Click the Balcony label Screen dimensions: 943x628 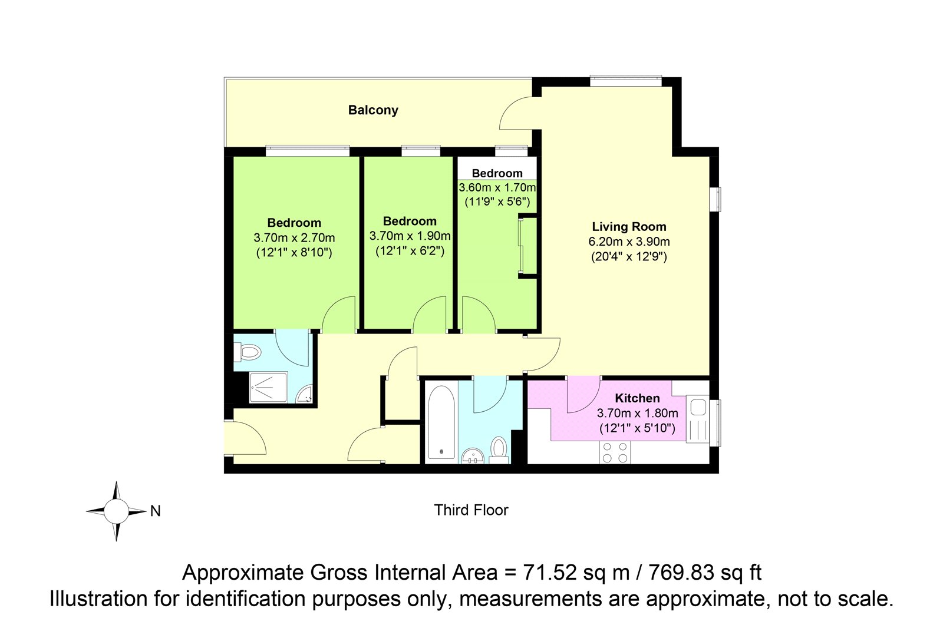click(373, 110)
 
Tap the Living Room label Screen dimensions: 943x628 click(629, 226)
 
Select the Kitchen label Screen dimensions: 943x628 click(637, 398)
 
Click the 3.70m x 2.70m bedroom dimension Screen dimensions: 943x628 click(294, 238)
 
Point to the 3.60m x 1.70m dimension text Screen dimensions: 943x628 click(497, 187)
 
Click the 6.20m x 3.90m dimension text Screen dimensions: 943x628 click(629, 242)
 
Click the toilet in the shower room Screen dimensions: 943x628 click(248, 352)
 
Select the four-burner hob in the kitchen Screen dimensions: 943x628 click(615, 452)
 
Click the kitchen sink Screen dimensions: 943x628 click(698, 419)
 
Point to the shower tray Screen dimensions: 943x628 click(269, 387)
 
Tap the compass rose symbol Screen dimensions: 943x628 click(116, 511)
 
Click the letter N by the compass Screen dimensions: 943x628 click(156, 511)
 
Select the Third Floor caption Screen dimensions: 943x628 click(471, 510)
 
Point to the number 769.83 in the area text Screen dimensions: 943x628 click(681, 573)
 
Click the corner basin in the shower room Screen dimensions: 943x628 click(304, 394)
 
